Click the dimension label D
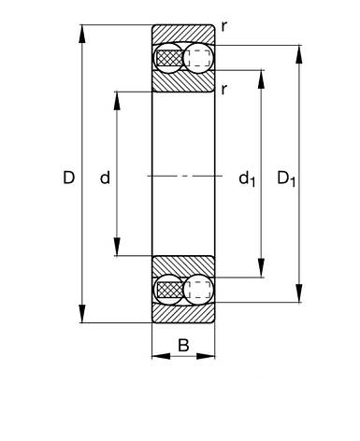tap(69, 178)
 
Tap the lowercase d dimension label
tap(105, 178)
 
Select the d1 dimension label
tap(247, 179)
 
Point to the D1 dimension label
tap(286, 179)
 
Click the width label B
tap(183, 345)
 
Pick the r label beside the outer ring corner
tap(224, 27)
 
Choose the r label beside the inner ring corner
tap(223, 90)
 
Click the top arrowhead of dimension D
tap(82, 34)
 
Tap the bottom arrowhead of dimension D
tap(82, 314)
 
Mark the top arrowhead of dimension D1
tap(299, 54)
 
